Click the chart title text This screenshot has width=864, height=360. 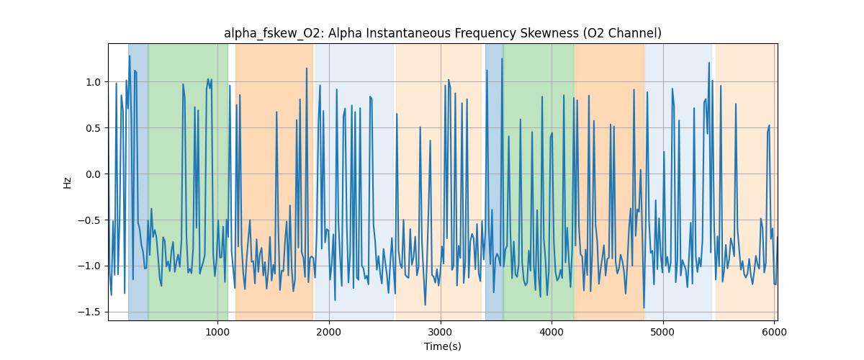442,33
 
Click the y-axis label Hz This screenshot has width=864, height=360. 67,182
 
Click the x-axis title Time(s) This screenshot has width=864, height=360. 442,346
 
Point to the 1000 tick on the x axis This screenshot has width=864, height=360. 217,331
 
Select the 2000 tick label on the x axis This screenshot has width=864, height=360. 329,331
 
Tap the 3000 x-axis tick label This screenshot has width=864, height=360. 440,331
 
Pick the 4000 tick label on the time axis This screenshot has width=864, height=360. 552,331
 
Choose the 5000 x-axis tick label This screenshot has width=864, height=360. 663,331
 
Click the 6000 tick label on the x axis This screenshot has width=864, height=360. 774,331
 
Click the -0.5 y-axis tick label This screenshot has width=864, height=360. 92,220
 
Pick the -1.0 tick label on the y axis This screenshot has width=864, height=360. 92,266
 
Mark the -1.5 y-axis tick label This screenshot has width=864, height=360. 92,312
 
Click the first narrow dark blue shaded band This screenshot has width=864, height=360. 138,180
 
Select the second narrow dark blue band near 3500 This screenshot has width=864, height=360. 494,180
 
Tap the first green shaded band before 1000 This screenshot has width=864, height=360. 188,180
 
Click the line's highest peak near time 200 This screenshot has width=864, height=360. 130,55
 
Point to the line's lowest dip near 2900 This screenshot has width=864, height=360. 425,305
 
